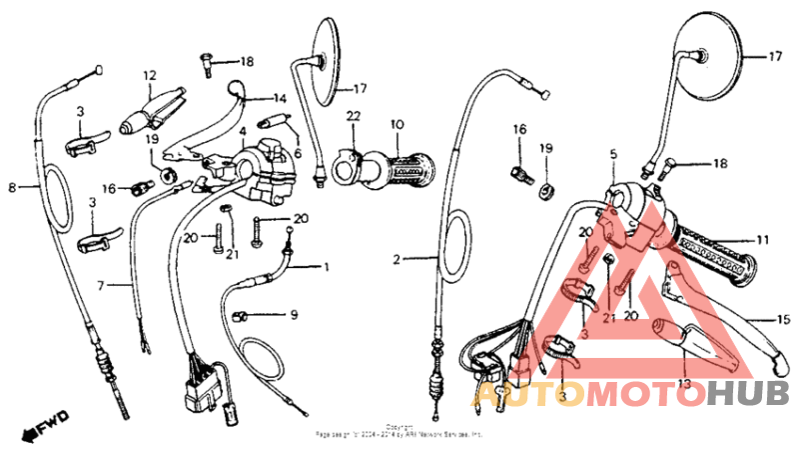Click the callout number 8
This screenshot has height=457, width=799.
pos(13,186)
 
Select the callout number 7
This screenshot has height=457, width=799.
pos(100,286)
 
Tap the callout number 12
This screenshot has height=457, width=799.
pos(151,75)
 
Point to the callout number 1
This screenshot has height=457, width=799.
pos(324,267)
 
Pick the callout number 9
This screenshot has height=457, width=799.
pos(294,315)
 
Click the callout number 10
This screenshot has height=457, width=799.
pos(397,124)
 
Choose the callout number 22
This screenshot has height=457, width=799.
pos(353,118)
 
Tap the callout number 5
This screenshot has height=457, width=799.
pos(614,155)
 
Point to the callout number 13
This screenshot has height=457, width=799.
pos(684,383)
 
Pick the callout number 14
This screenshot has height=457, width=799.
pos(280,98)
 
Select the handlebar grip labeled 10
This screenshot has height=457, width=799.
pos(404,173)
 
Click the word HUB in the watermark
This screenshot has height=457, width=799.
pos(747,394)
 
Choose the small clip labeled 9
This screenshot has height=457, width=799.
pos(240,316)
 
